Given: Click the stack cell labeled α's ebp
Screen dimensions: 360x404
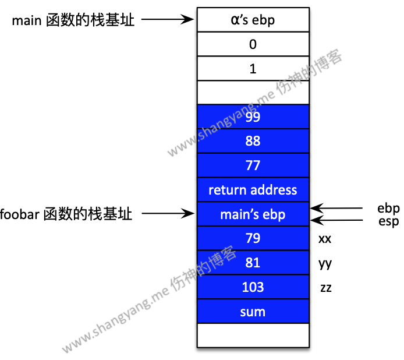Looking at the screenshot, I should click(253, 20).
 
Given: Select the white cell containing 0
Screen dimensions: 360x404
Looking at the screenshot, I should click(253, 44).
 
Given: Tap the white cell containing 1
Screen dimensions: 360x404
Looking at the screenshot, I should click(253, 69).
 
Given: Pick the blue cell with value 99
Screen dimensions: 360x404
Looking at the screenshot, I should click(253, 117).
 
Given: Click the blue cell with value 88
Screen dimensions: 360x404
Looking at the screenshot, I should click(253, 141).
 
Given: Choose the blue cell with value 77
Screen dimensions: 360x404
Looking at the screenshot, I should click(253, 165).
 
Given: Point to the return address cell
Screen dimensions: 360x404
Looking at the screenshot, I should click(253, 190).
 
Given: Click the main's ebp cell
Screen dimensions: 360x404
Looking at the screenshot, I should click(253, 214).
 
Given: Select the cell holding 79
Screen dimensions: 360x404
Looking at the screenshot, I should click(253, 238).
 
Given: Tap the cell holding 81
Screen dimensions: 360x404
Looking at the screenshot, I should click(253, 263).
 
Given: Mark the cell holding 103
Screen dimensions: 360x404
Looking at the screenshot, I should click(253, 287).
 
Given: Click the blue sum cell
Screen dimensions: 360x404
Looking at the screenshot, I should click(253, 312).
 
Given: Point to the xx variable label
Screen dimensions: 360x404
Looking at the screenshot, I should click(325, 239).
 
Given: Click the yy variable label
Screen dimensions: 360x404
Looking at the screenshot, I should click(325, 264).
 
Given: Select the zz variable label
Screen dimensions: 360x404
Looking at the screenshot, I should click(325, 287).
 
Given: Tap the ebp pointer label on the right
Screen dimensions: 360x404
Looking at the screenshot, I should click(388, 209).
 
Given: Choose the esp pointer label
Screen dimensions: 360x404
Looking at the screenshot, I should click(388, 221).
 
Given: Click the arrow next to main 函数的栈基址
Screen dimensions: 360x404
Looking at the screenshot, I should click(167, 20).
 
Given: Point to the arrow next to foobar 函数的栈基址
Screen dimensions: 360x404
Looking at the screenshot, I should click(167, 214).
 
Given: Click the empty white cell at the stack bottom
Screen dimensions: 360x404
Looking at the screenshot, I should click(253, 336).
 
